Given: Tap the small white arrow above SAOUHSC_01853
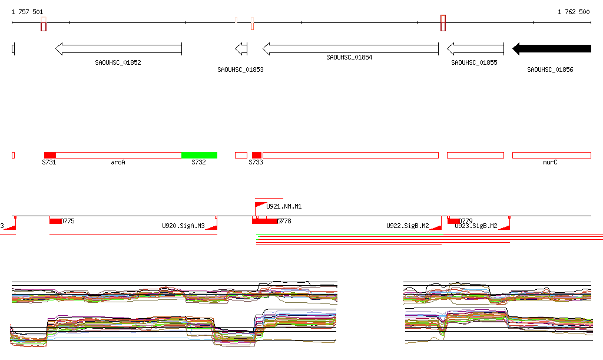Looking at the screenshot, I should click(x=241, y=48).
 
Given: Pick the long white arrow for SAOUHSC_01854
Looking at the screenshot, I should click(x=350, y=48).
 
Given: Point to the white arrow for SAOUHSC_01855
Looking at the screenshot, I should click(x=475, y=48).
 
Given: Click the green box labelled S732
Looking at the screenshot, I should click(x=199, y=155).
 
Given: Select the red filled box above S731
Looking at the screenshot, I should click(x=50, y=155).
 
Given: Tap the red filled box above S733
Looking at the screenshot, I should click(x=257, y=155).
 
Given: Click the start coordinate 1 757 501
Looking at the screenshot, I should click(x=27, y=12).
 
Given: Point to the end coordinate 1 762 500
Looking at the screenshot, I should click(x=574, y=12).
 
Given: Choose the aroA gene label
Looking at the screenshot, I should click(x=118, y=162).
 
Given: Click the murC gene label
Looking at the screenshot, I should click(x=550, y=162).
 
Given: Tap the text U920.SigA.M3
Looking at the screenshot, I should click(x=183, y=226).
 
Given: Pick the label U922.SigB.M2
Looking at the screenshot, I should click(x=407, y=226).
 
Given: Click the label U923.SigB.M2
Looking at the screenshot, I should click(x=476, y=226).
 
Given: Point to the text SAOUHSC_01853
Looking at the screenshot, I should click(x=240, y=70).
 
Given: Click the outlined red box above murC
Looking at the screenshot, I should click(x=551, y=155).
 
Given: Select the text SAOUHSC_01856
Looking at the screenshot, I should click(x=550, y=70).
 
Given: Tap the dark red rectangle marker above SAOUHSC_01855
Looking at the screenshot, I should click(x=443, y=23).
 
